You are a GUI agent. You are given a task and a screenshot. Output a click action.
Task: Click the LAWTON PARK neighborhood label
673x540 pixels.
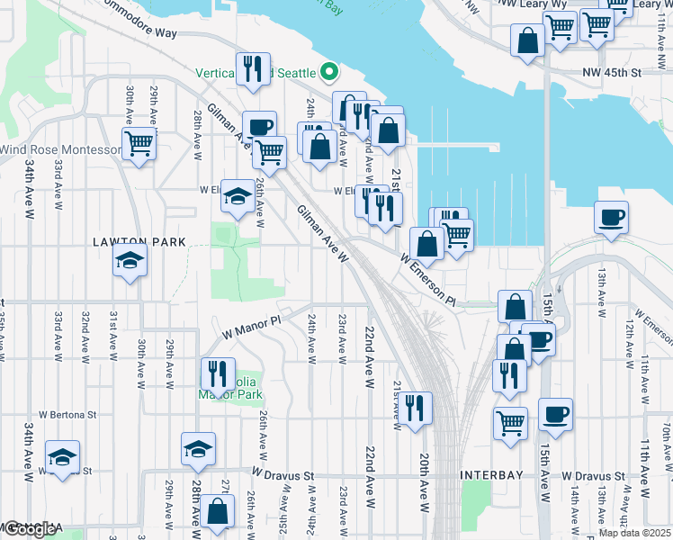click(139, 242)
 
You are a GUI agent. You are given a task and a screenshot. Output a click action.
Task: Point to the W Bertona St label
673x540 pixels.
click(66, 415)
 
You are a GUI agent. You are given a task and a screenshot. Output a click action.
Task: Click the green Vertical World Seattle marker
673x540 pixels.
click(330, 71)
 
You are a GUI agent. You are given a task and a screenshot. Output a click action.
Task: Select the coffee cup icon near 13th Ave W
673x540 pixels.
click(611, 218)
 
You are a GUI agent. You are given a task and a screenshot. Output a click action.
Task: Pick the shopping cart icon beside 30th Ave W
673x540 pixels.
click(139, 142)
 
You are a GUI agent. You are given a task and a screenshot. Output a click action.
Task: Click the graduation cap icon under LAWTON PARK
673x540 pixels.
click(130, 261)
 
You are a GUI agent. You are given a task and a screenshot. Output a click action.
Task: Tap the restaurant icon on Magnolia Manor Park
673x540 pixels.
click(217, 373)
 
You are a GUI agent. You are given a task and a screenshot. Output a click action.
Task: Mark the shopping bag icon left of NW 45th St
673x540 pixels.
click(527, 40)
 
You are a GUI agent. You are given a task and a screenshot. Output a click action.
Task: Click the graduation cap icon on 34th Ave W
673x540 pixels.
click(62, 457)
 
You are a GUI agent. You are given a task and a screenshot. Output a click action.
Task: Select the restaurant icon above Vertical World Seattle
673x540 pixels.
click(254, 68)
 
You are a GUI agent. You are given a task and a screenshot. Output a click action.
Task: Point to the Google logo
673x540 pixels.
click(29, 529)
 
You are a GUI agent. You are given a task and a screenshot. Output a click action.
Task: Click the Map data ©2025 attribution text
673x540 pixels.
click(635, 533)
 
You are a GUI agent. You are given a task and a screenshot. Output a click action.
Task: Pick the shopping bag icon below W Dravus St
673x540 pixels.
click(218, 512)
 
